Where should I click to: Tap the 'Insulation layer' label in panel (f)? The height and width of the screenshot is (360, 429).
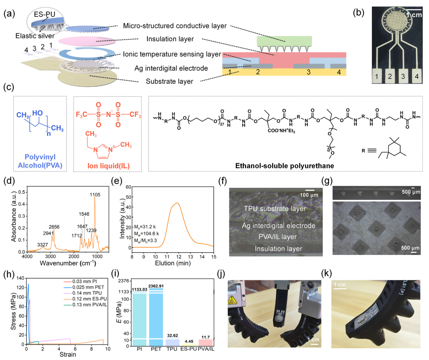[278, 248]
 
